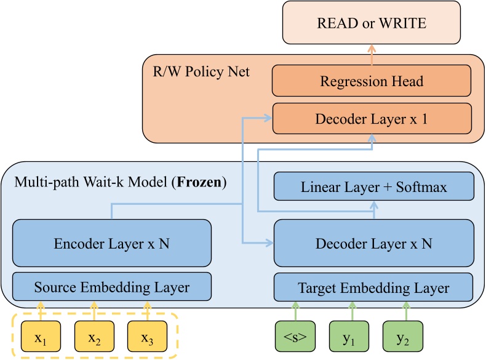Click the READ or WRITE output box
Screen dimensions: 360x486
click(371, 23)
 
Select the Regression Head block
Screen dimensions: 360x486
click(371, 81)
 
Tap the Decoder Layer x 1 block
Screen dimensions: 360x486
click(371, 119)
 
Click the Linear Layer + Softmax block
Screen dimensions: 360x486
click(373, 186)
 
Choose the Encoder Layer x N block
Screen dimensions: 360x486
click(112, 243)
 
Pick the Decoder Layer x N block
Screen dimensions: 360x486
click(373, 243)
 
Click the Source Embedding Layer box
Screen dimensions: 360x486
click(112, 287)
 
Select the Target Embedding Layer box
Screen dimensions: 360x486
click(373, 287)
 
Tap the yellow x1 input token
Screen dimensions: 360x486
click(41, 336)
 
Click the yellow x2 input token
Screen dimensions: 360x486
click(94, 336)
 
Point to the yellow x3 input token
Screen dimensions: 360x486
click(147, 336)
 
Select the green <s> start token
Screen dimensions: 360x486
click(295, 336)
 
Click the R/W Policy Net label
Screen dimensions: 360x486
click(201, 72)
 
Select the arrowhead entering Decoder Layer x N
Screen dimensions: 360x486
click(269, 243)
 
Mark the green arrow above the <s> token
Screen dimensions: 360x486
click(295, 311)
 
